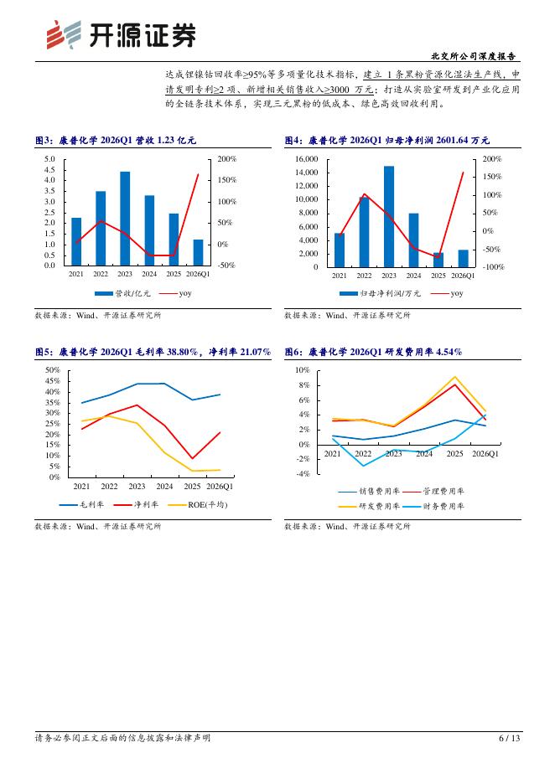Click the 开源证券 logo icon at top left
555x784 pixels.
click(x=64, y=34)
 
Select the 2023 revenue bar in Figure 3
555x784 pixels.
click(x=125, y=219)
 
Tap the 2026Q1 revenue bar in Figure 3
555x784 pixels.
click(x=198, y=252)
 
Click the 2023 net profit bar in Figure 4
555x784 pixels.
click(x=389, y=216)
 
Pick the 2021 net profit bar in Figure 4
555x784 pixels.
click(x=340, y=250)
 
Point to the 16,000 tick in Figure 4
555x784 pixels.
click(x=306, y=159)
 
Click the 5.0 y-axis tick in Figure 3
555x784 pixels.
click(x=49, y=159)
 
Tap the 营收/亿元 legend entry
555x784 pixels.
click(x=122, y=293)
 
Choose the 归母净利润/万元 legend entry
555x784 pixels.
click(x=380, y=293)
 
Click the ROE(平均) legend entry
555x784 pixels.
click(x=198, y=505)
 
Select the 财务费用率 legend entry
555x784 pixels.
click(x=433, y=507)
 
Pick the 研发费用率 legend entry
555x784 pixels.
click(x=370, y=507)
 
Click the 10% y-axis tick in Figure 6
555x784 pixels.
click(x=303, y=370)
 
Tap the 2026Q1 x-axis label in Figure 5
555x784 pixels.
click(x=220, y=487)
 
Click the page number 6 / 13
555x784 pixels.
click(x=510, y=738)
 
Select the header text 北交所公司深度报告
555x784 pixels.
click(x=474, y=56)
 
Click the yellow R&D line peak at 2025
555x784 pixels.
click(x=455, y=376)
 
